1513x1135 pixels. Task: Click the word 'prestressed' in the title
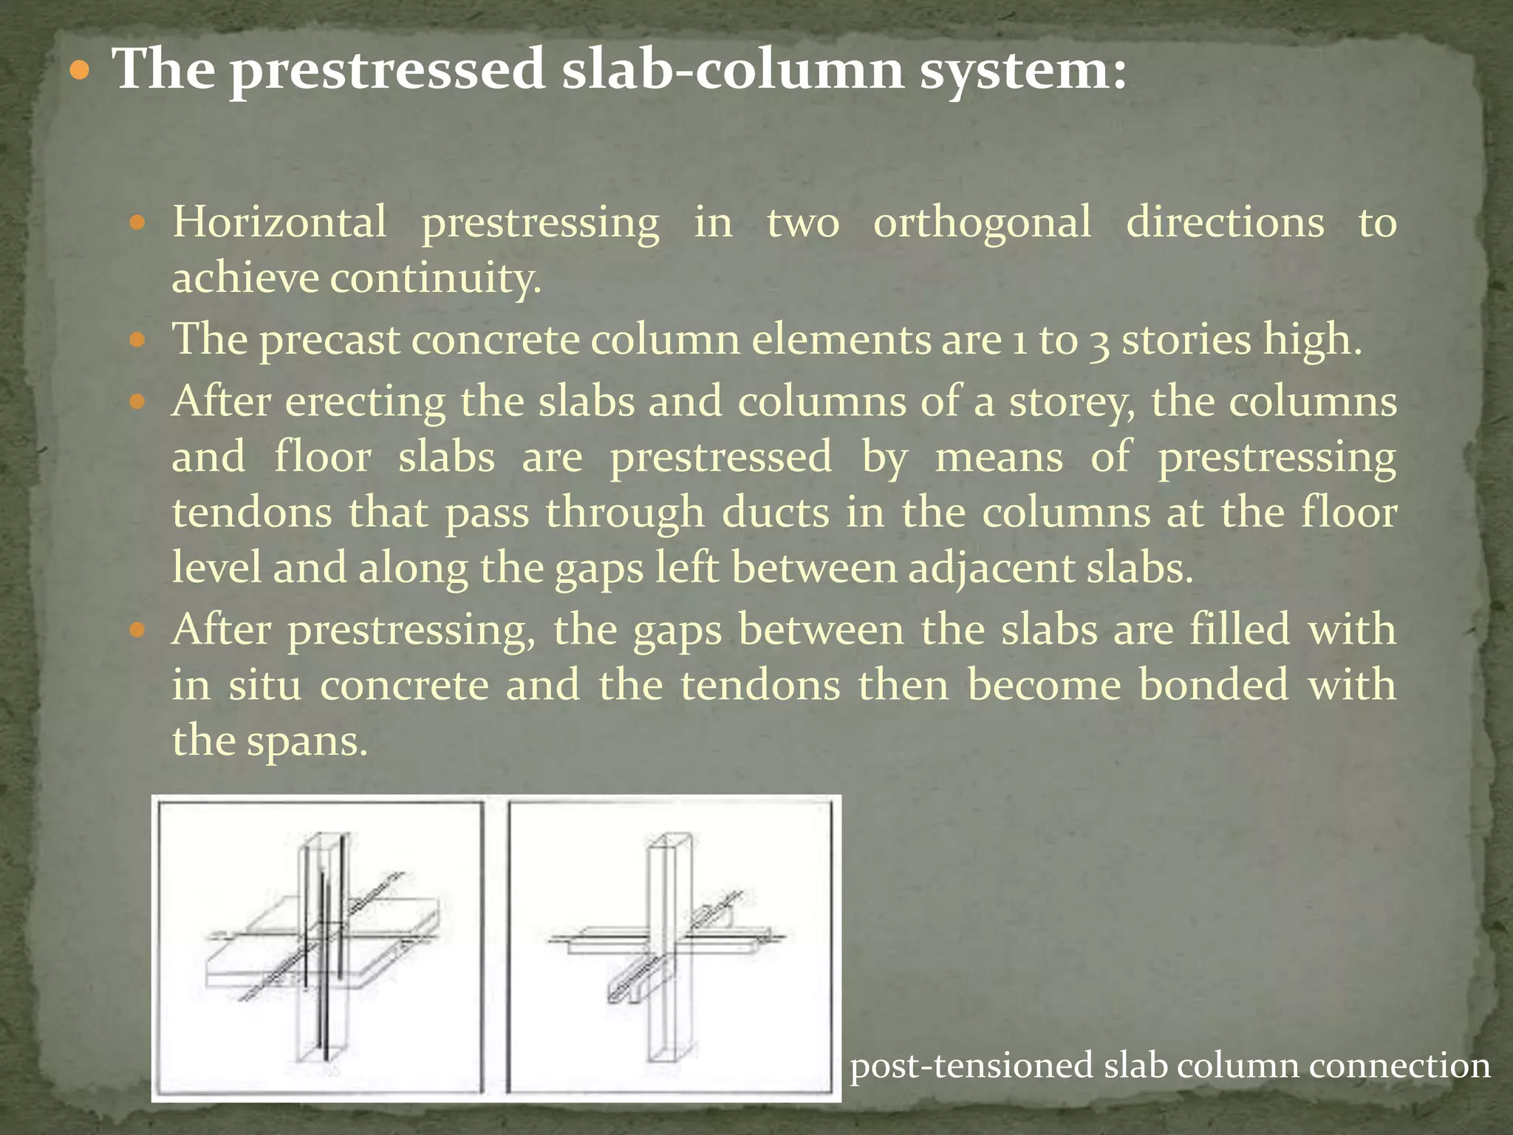tap(387, 70)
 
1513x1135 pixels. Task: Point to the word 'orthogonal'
tap(982, 223)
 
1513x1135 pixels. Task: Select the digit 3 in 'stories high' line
tap(1099, 342)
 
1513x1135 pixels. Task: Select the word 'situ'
tap(264, 685)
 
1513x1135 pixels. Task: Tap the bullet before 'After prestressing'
tap(137, 630)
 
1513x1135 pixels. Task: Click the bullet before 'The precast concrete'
tap(137, 341)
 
